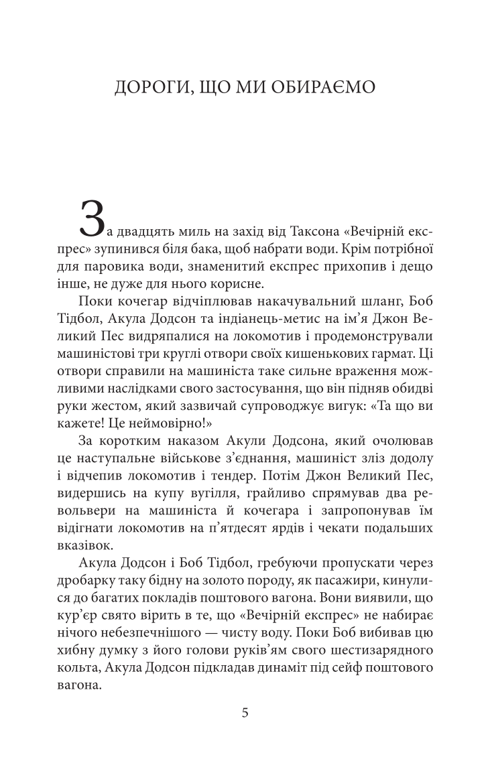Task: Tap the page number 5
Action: coord(245,712)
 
